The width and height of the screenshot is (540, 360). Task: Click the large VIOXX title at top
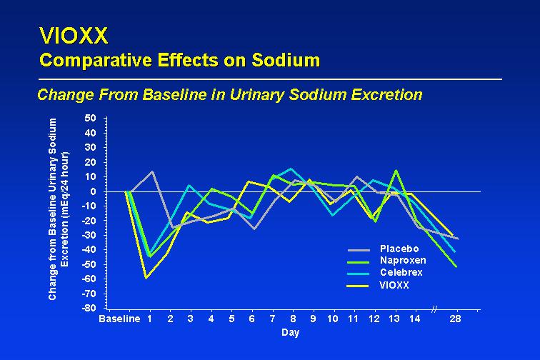74,36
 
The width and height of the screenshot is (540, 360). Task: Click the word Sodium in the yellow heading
286,60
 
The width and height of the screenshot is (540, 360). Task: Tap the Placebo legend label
399,249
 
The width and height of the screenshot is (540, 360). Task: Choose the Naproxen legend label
403,260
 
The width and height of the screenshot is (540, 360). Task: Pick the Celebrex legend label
401,272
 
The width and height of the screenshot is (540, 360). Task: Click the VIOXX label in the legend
394,285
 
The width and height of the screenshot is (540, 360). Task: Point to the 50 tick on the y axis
90,118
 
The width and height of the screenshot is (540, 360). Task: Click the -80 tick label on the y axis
89,308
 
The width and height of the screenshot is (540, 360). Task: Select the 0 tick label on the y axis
94,191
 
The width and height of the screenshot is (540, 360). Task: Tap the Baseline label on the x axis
119,319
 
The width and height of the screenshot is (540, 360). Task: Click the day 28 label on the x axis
455,319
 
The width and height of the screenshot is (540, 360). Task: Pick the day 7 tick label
272,319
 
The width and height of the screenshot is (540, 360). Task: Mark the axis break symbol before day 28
434,309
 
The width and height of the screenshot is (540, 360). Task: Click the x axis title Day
290,332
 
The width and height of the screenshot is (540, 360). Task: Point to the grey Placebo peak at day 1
152,171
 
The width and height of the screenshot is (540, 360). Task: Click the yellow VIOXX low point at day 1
146,278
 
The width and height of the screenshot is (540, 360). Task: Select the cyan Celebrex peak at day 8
291,169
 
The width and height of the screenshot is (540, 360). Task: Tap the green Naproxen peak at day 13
396,170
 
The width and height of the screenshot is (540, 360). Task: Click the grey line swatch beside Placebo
359,250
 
